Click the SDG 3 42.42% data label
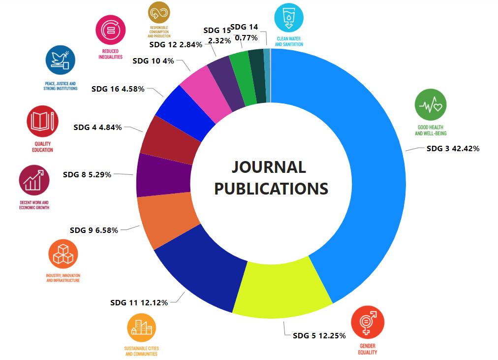(x=453, y=148)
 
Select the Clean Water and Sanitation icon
(x=289, y=18)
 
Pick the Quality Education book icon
(x=43, y=121)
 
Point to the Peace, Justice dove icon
(x=61, y=60)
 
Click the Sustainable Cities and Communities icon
(x=141, y=328)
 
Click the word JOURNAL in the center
(x=269, y=167)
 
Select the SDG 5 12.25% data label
(x=319, y=335)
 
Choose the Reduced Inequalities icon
(x=111, y=30)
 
